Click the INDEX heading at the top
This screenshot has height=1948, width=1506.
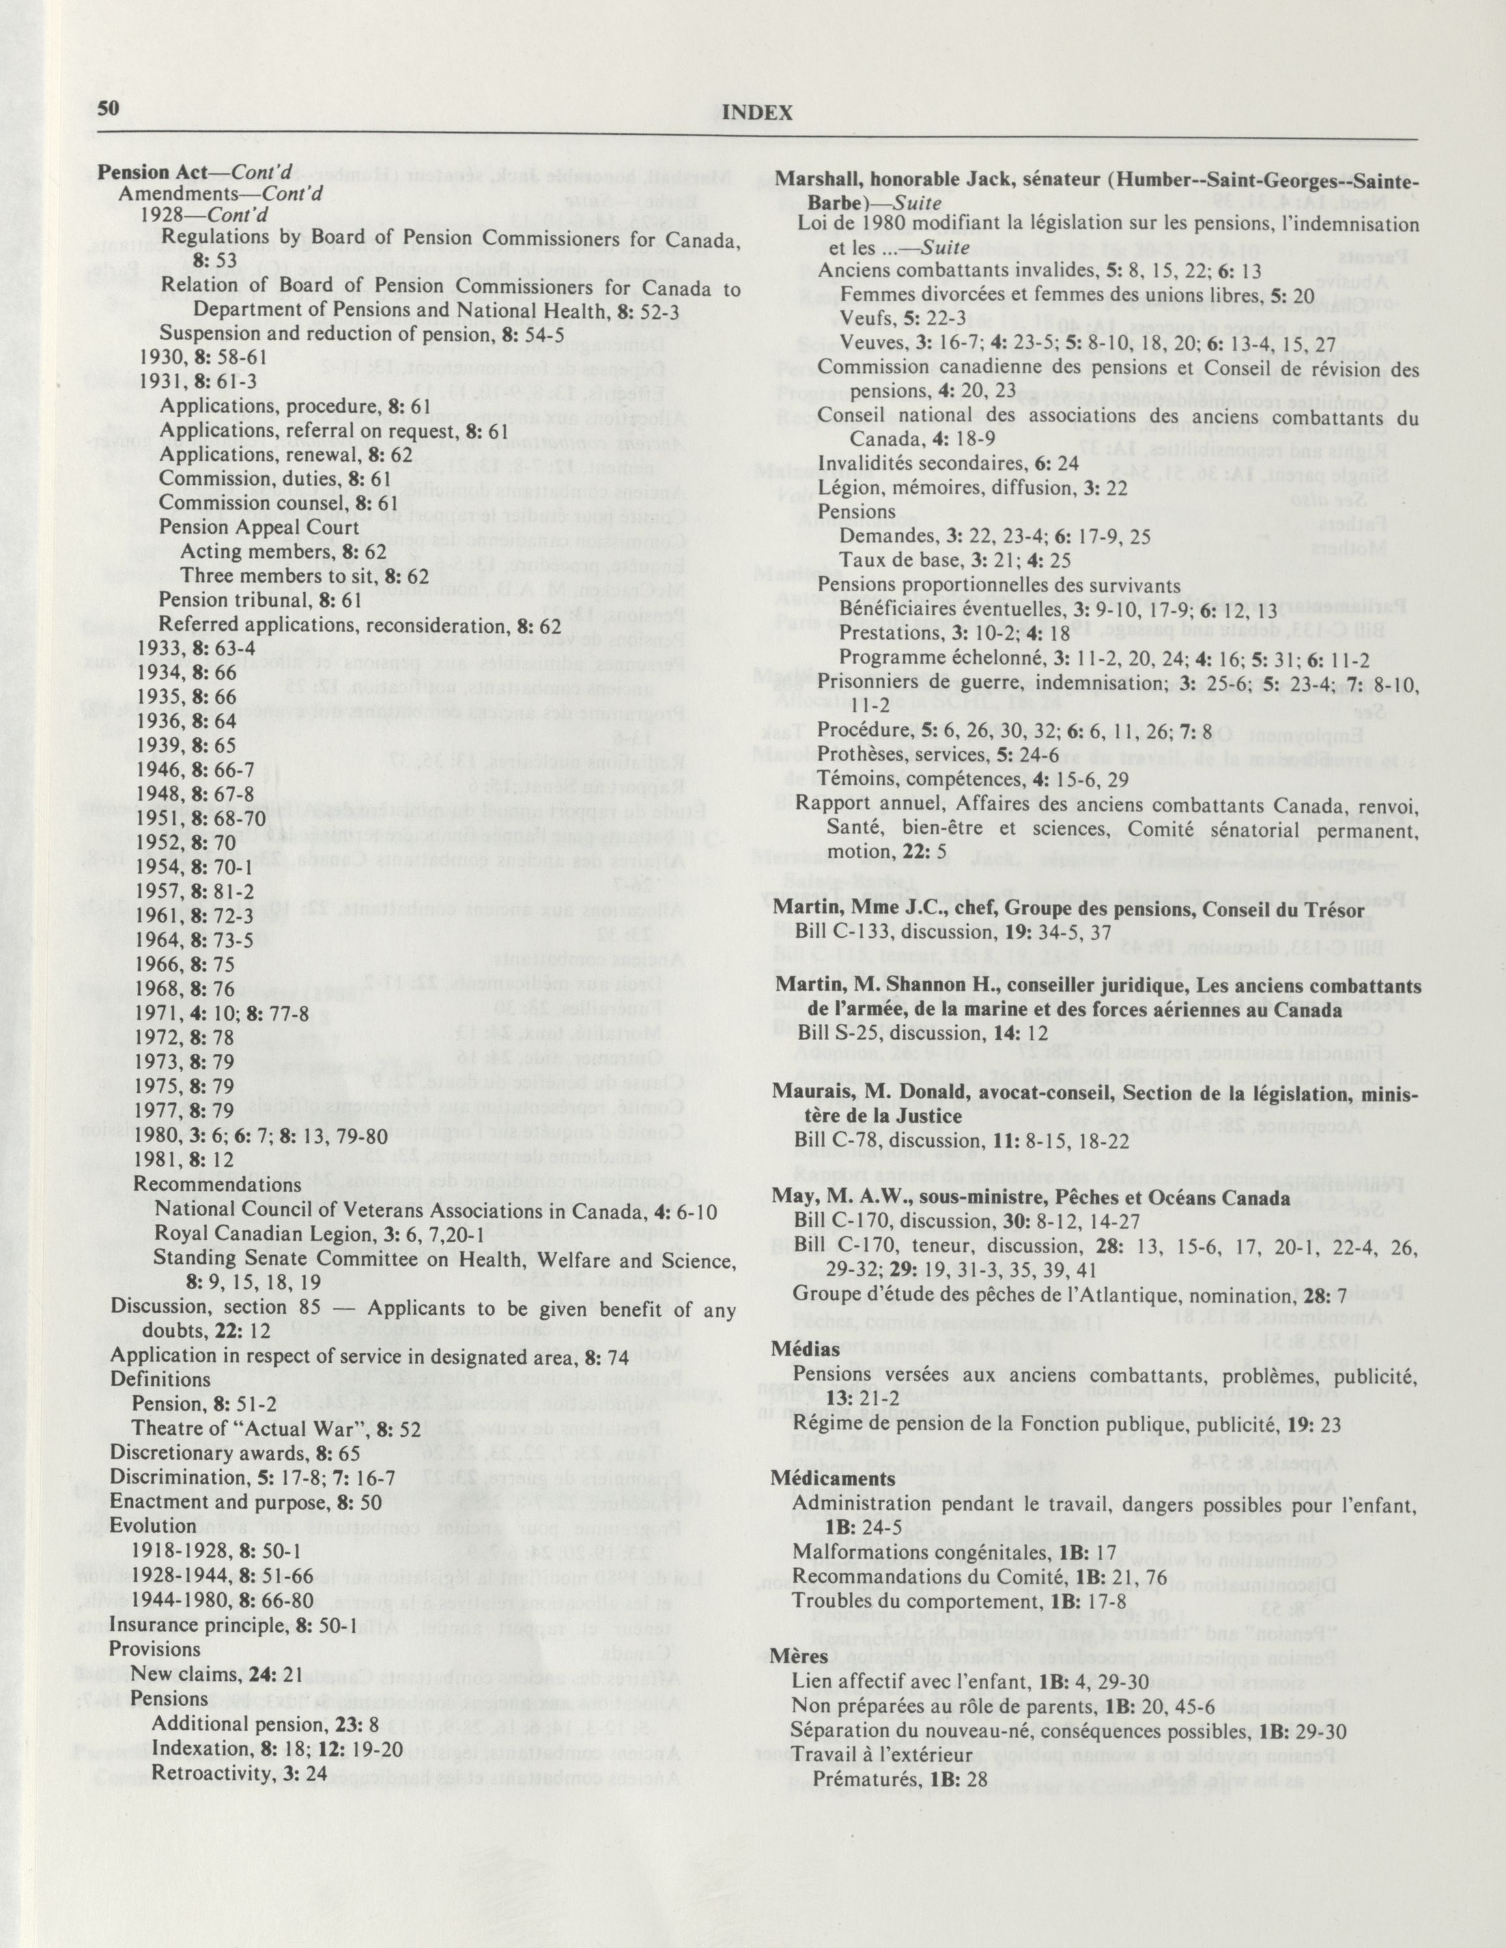click(x=757, y=113)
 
